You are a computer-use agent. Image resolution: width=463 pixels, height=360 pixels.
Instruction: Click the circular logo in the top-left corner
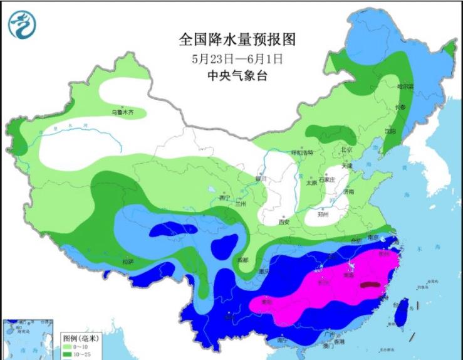pos(22,24)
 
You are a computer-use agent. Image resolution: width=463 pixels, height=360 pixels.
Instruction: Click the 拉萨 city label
pos(127,262)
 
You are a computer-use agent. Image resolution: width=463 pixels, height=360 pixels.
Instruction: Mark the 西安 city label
pos(284,221)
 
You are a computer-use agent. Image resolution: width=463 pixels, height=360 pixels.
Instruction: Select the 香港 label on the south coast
pos(339,342)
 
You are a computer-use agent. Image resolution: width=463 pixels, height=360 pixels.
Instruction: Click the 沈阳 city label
pos(390,131)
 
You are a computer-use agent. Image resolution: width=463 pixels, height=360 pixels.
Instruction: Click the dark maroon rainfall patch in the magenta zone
pos(370,285)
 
